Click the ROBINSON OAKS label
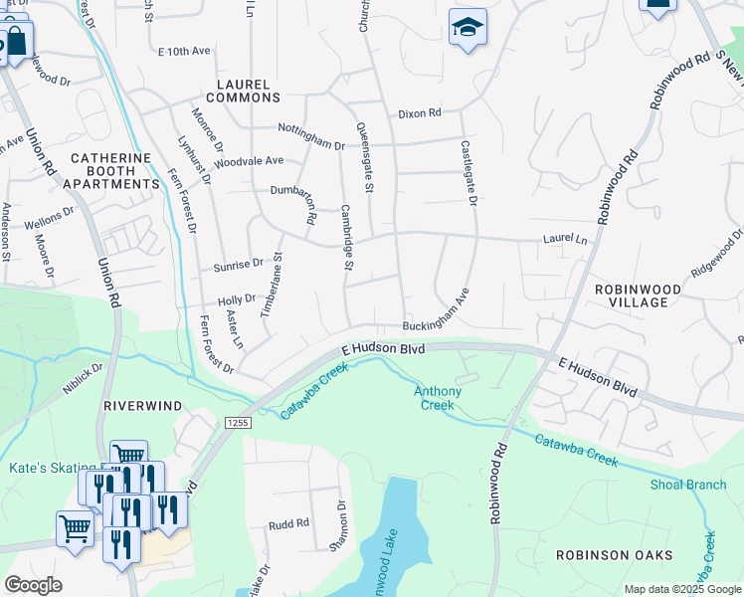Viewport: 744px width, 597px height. [x=614, y=555]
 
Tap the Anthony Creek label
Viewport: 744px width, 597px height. [x=438, y=398]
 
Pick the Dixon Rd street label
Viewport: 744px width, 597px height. [x=419, y=113]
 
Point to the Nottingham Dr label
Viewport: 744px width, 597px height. [x=311, y=145]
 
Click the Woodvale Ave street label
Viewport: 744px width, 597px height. [x=249, y=160]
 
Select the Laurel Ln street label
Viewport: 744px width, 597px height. [x=564, y=240]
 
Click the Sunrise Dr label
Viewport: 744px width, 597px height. [x=238, y=265]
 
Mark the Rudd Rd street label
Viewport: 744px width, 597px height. [x=288, y=523]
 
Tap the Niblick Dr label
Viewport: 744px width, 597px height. [x=85, y=378]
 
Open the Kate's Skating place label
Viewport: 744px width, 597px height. [x=52, y=468]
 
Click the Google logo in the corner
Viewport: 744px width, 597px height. [x=33, y=585]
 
